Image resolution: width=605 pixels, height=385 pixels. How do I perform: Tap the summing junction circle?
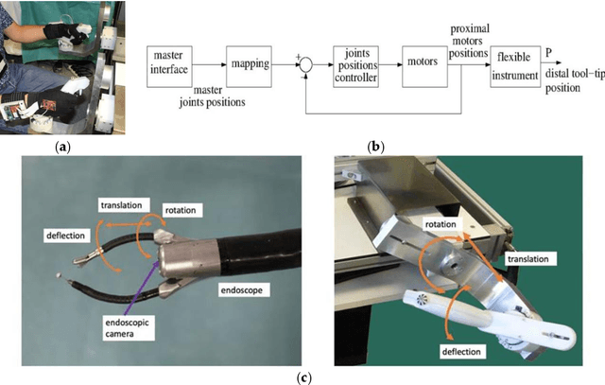305,65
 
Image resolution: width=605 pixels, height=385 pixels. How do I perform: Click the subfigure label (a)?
63,148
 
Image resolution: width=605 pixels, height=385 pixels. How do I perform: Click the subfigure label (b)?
376,148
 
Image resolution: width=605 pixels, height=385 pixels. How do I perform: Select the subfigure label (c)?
303,377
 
